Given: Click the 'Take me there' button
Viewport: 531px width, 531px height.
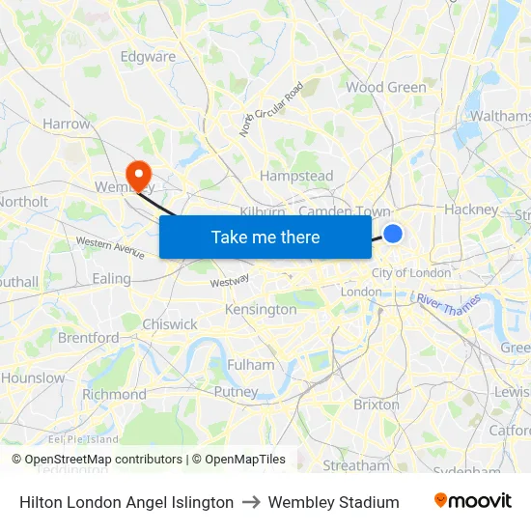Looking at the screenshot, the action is pyautogui.click(x=265, y=237).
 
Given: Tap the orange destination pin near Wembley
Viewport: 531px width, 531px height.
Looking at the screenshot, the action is pyautogui.click(x=140, y=175).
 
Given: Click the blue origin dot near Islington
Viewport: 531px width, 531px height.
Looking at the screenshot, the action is pyautogui.click(x=393, y=233).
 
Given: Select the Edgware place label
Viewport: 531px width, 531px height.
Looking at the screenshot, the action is pyautogui.click(x=148, y=56).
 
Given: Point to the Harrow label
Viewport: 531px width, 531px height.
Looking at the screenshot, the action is pyautogui.click(x=67, y=124).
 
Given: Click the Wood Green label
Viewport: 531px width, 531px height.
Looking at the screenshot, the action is pyautogui.click(x=386, y=87).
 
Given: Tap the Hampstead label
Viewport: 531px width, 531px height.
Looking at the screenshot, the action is pyautogui.click(x=296, y=176).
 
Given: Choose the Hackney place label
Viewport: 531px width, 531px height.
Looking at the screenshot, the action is pyautogui.click(x=471, y=209).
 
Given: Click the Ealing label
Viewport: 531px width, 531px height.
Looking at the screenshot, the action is pyautogui.click(x=112, y=278).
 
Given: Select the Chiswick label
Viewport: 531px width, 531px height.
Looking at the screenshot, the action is pyautogui.click(x=170, y=324).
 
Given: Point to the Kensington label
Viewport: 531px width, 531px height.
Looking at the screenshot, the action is pyautogui.click(x=261, y=310).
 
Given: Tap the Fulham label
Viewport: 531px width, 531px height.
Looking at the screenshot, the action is pyautogui.click(x=251, y=365).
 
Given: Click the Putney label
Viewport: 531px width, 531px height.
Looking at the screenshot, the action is pyautogui.click(x=236, y=392).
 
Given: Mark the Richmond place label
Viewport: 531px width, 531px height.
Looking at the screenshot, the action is pyautogui.click(x=114, y=394).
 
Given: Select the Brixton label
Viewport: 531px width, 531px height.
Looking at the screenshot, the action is pyautogui.click(x=377, y=405).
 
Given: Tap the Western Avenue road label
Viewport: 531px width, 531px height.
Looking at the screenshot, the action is pyautogui.click(x=110, y=248).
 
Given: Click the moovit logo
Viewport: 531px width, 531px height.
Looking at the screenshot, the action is pyautogui.click(x=472, y=501).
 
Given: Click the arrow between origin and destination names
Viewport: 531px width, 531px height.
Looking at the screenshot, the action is pyautogui.click(x=251, y=502).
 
